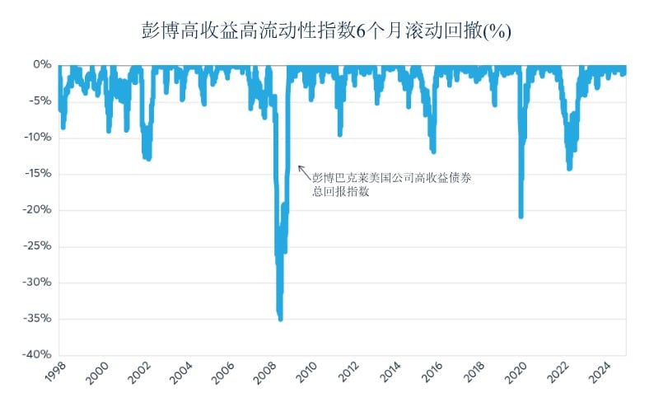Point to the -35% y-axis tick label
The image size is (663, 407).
39,319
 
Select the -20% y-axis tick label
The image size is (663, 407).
39,210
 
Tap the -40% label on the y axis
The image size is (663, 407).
39,355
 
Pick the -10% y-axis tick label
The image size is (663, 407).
39,137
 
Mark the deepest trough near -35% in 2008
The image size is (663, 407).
281,318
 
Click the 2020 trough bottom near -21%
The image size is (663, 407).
521,216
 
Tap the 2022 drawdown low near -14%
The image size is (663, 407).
569,168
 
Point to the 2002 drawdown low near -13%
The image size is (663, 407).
148,158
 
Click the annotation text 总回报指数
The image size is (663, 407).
340,192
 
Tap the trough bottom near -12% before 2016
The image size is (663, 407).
433,152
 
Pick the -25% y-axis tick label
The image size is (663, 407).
39,246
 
